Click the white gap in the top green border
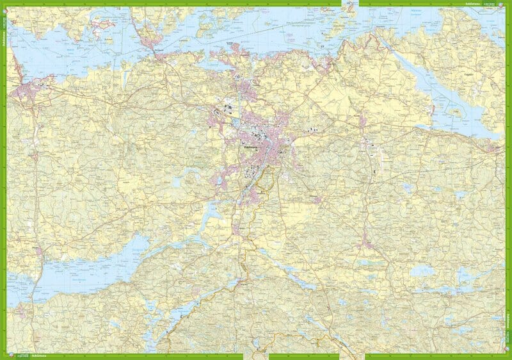pos(349,3)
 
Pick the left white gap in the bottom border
pos(256,356)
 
